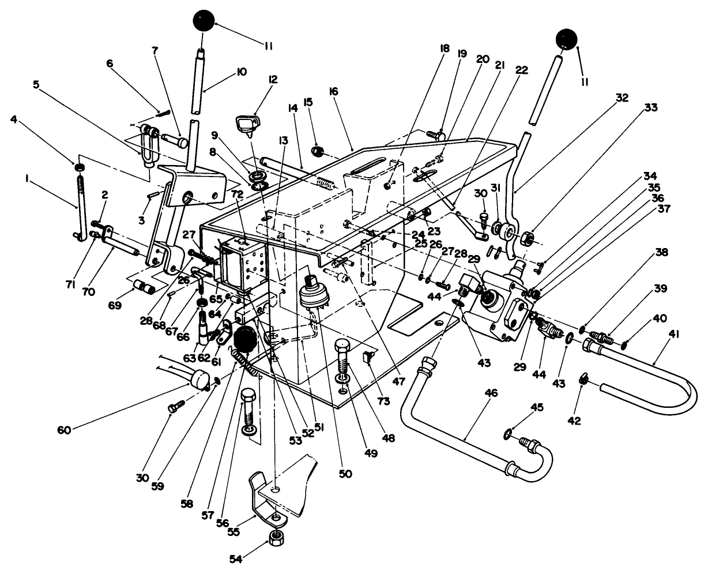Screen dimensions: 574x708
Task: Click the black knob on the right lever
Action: coord(566,40)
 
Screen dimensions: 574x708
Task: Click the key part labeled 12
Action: coord(247,123)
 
